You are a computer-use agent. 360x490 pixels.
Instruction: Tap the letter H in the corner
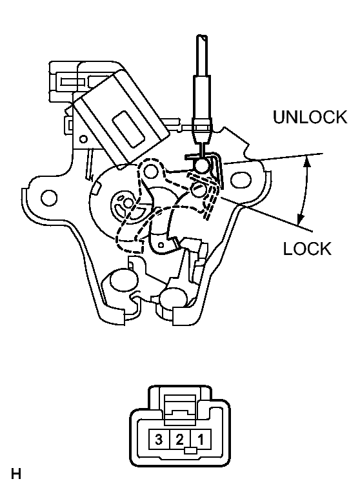[16, 475]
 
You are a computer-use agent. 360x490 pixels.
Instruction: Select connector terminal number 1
[202, 441]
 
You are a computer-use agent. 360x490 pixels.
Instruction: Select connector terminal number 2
[180, 441]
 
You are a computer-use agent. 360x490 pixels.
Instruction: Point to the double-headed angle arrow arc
[305, 190]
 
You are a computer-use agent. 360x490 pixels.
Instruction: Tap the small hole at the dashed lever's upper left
[152, 170]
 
